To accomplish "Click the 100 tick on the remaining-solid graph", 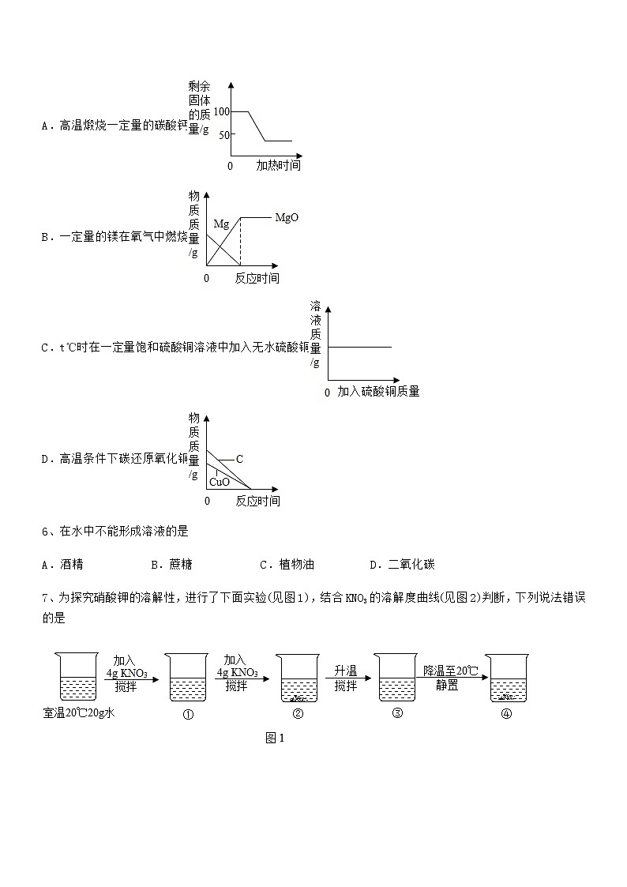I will (x=220, y=112).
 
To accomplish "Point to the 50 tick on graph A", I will (x=223, y=135).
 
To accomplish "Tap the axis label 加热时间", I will (x=278, y=166).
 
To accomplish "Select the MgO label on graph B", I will (x=287, y=217).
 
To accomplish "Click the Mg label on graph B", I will (x=221, y=224).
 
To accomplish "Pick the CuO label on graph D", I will (x=220, y=482).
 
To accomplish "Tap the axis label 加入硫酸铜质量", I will (x=378, y=392).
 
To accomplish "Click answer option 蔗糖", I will (x=181, y=565).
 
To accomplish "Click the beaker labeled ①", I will (x=188, y=678).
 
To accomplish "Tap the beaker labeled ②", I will (x=298, y=678).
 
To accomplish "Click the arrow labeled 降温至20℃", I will (x=451, y=678).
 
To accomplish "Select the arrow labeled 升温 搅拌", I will (x=345, y=678).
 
